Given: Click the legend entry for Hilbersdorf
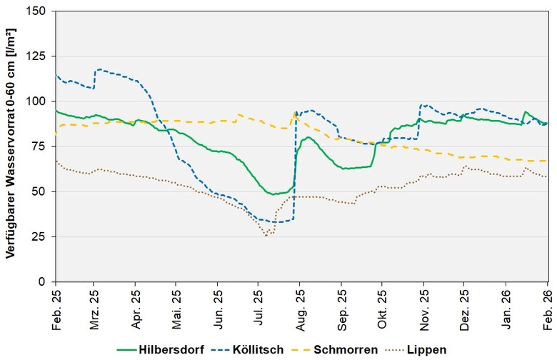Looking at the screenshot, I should [166, 349].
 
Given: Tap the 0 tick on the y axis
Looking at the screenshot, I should [44, 281].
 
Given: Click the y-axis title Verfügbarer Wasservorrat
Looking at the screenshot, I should [12, 143].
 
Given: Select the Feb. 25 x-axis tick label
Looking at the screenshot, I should [56, 305].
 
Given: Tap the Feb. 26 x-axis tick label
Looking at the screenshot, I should [546, 305].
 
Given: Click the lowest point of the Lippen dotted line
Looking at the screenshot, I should [266, 235].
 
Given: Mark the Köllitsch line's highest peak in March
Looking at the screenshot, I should [99, 69].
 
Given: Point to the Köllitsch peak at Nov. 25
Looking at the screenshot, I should [423, 105].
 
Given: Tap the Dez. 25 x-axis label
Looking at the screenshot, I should [464, 305].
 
